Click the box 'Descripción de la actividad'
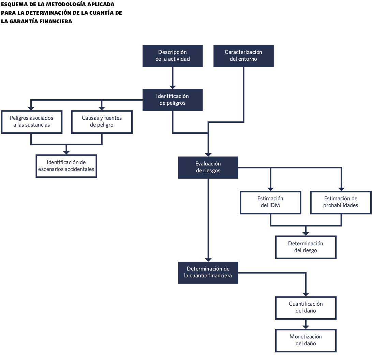coord(173,56)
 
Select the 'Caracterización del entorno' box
coord(243,56)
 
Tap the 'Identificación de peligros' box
coord(173,100)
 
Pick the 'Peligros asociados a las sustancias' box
coord(31,121)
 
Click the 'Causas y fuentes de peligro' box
coord(102,121)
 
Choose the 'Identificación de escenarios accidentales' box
coord(66,166)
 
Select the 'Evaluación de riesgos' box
coord(208,167)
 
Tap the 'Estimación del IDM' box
coord(270,202)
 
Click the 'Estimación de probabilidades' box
coord(341,202)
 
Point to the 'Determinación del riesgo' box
coord(306,247)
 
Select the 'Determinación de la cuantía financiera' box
coord(208,272)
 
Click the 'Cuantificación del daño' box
coord(306,307)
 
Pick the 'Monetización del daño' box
coord(306,340)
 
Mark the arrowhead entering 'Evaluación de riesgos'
coord(208,154)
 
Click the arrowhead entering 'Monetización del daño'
coord(306,327)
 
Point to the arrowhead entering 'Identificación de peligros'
coord(173,87)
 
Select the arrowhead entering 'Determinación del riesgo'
coord(306,233)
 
